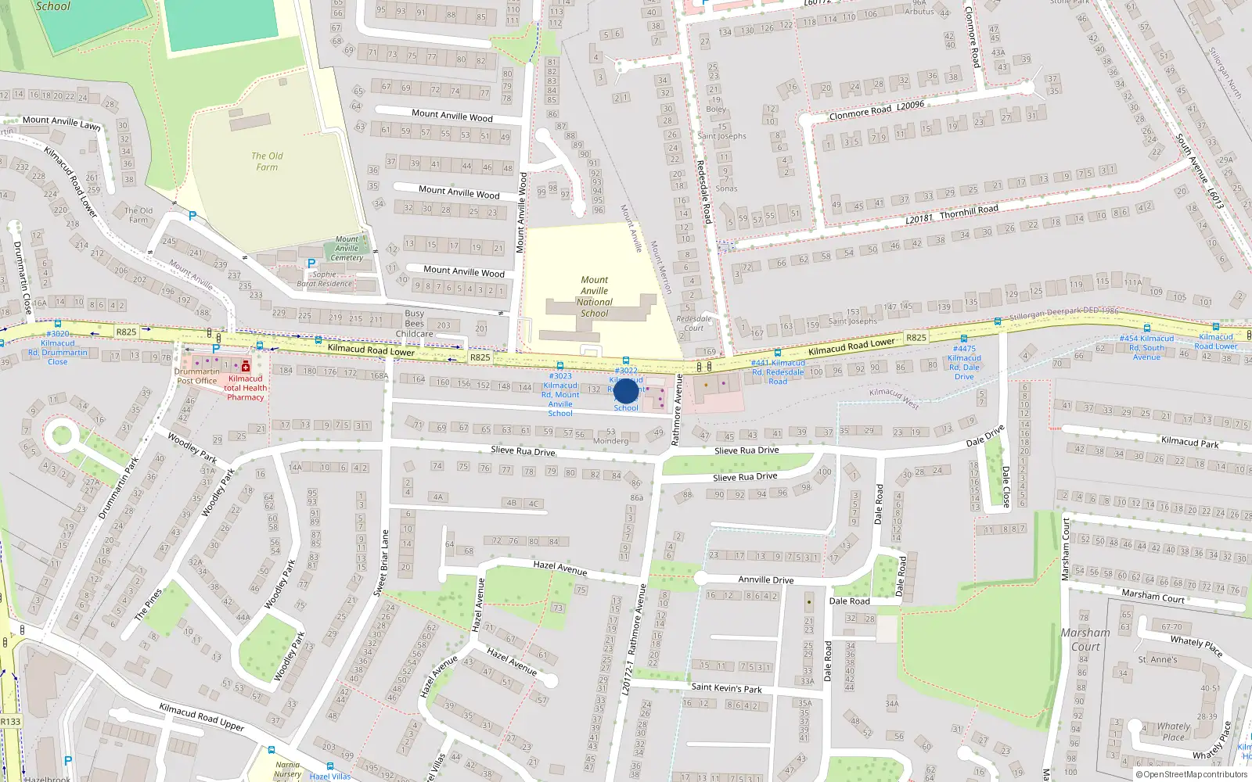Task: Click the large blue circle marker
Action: point(626,391)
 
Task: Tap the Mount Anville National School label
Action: point(594,296)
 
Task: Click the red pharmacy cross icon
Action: point(246,366)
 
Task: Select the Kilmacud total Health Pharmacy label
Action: point(246,388)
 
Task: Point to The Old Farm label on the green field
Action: point(267,161)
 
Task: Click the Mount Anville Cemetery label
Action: point(347,249)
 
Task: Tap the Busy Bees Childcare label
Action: point(415,323)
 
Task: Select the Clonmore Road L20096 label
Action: point(876,109)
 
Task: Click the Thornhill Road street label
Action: point(969,211)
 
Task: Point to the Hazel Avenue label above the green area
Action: point(559,568)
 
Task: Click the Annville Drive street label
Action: point(766,579)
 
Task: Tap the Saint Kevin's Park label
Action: point(726,688)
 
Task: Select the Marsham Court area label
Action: point(1085,639)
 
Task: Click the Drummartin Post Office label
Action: point(197,376)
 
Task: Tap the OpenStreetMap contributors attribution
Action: point(1191,774)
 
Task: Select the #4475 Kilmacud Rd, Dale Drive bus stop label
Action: point(964,362)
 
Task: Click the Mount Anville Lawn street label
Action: point(61,121)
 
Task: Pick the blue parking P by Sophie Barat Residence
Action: point(311,264)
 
